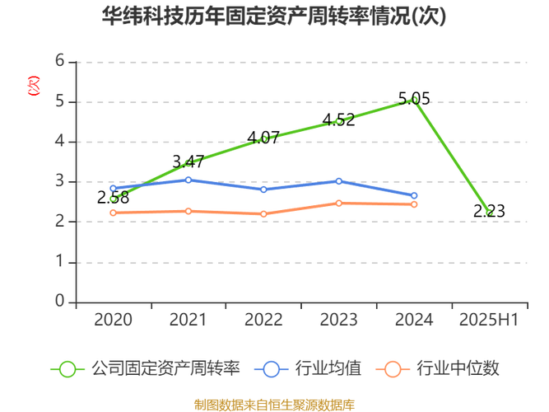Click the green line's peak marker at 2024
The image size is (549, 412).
click(x=415, y=100)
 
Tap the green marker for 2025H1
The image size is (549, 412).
click(x=490, y=212)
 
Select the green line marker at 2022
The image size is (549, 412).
click(x=263, y=138)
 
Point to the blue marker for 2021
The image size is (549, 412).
click(x=188, y=180)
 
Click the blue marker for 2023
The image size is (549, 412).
click(x=339, y=180)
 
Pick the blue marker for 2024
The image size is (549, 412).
click(x=415, y=195)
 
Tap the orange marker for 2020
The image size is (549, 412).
click(x=113, y=213)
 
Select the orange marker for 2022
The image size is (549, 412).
click(x=263, y=213)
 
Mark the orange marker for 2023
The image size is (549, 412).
click(x=339, y=202)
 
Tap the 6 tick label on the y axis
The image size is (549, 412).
click(x=59, y=60)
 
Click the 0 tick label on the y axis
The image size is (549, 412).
click(x=59, y=300)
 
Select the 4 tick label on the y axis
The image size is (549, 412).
click(x=59, y=140)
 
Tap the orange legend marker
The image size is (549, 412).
click(x=393, y=368)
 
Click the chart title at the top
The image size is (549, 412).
click(x=274, y=16)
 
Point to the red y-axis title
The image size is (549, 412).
click(x=34, y=85)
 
